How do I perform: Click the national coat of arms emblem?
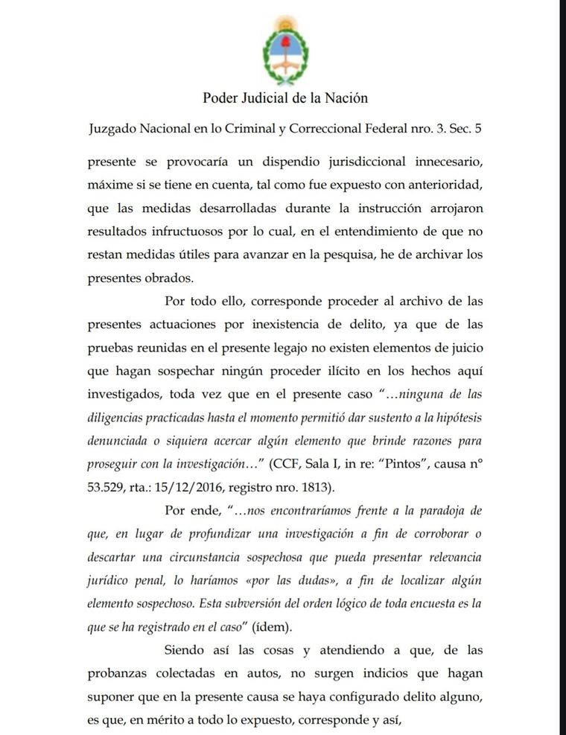[x=282, y=51]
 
